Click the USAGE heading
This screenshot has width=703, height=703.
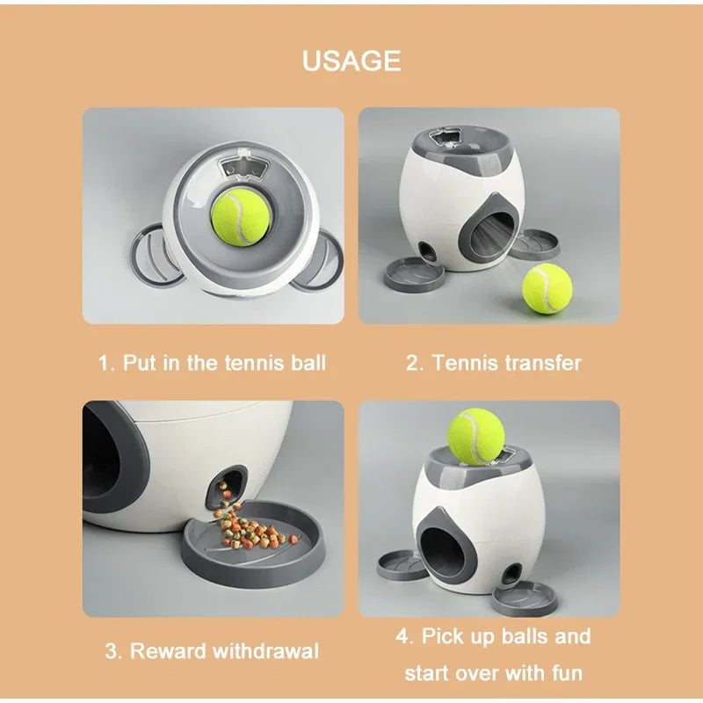click(x=351, y=61)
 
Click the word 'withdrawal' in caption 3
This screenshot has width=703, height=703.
click(x=267, y=651)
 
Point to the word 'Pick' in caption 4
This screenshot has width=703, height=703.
click(x=446, y=636)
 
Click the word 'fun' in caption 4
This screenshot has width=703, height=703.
click(x=562, y=673)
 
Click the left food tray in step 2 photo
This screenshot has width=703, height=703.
click(x=413, y=272)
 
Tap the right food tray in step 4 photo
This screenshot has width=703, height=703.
click(x=524, y=599)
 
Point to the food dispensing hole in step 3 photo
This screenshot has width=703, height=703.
click(x=226, y=486)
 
